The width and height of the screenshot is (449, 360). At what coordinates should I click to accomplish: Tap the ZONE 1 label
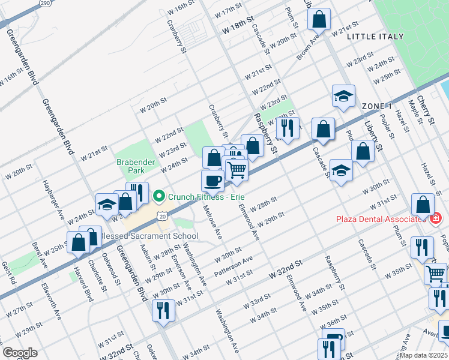point(377,106)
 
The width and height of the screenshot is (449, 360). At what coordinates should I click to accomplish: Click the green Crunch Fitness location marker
point(159,196)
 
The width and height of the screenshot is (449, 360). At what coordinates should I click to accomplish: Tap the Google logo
point(20,353)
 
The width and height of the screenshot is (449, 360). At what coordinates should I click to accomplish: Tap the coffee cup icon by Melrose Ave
point(212,179)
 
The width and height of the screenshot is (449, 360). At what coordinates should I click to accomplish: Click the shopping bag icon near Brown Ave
point(319,19)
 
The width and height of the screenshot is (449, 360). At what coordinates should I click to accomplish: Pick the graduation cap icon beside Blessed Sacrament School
point(107,204)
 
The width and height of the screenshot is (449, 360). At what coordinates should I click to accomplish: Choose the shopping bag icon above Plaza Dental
point(423,205)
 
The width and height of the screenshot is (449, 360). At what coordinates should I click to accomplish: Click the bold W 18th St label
point(238,27)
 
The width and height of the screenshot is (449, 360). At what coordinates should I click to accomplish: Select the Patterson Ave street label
point(234,263)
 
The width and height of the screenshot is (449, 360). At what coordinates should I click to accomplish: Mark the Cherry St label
point(430,111)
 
